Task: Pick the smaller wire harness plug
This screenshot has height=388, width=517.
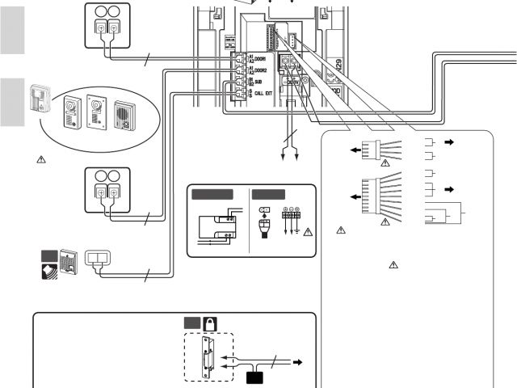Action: point(372,151)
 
